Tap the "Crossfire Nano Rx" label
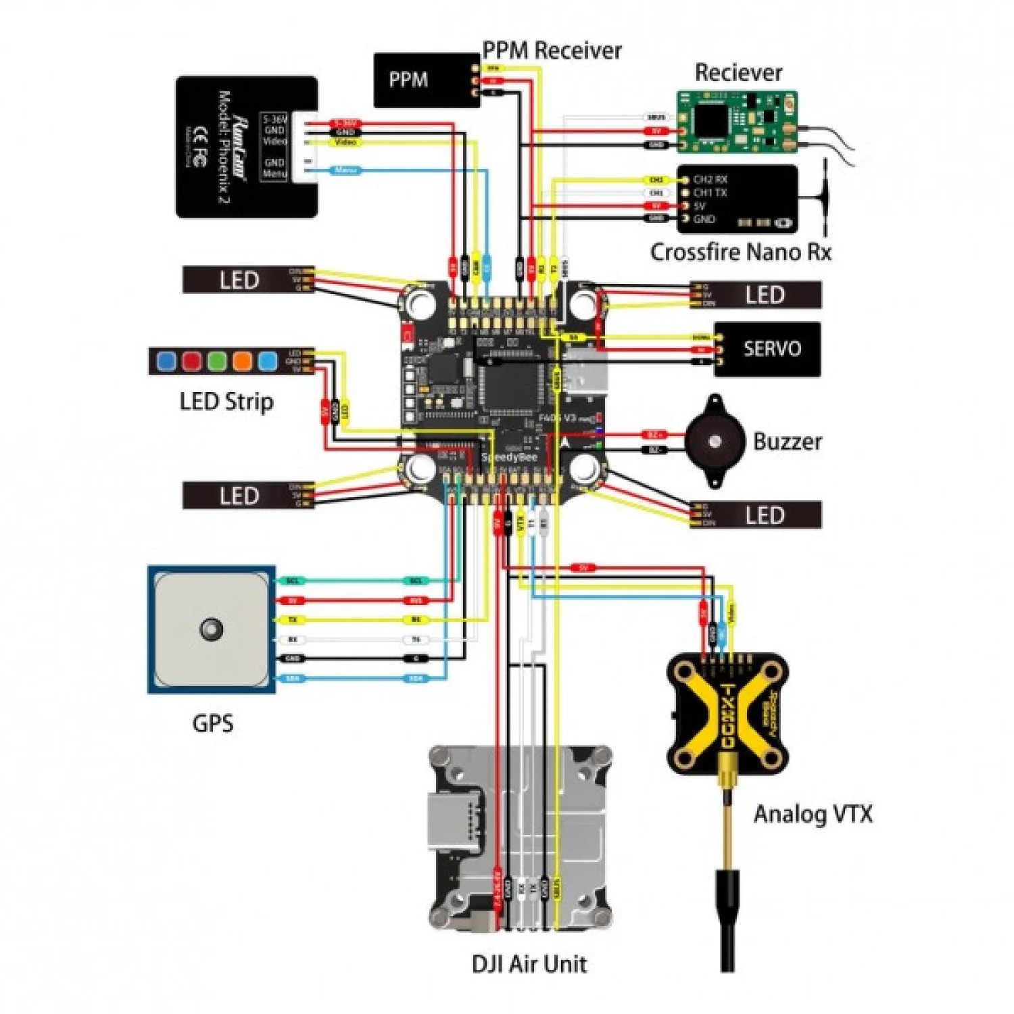pos(740,252)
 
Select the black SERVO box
pos(771,349)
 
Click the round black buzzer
pos(715,442)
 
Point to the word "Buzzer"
pos(788,442)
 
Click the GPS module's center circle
pos(211,629)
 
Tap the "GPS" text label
pos(213,723)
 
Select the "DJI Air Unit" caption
pos(529,963)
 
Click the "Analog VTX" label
pos(813,814)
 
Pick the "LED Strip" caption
pos(226,402)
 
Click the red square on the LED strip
pos(191,360)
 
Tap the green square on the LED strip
pos(217,360)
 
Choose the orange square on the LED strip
pos(242,360)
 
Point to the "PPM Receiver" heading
pos(552,50)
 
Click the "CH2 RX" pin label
pos(710,180)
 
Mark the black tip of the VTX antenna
pos(727,919)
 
